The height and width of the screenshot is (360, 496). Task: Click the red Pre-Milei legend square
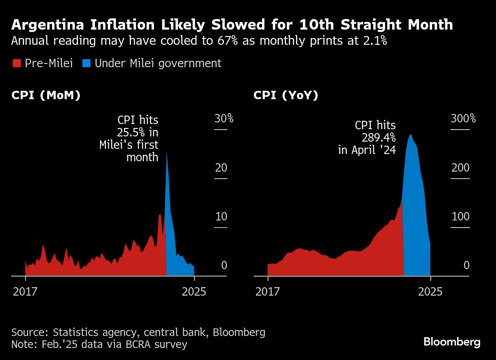(16, 63)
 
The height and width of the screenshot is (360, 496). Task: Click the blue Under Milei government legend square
(86, 63)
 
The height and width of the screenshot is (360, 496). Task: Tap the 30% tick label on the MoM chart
(224, 118)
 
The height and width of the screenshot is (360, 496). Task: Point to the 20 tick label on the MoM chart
(221, 168)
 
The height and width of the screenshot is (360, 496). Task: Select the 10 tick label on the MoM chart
(221, 217)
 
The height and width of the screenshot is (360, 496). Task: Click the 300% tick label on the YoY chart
(463, 118)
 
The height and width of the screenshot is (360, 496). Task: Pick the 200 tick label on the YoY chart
(460, 168)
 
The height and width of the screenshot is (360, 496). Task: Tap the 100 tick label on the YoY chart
(460, 217)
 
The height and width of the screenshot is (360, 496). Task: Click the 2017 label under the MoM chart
(25, 291)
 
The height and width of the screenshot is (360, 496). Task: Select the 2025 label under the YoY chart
(430, 291)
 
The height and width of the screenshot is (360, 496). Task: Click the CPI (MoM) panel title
(46, 96)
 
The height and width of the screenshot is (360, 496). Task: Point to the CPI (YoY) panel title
(286, 96)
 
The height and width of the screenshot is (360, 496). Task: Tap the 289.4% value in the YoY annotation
(378, 138)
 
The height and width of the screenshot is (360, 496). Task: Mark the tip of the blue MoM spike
(166, 152)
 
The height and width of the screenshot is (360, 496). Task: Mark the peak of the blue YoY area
(411, 135)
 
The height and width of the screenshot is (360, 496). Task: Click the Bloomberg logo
(452, 342)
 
